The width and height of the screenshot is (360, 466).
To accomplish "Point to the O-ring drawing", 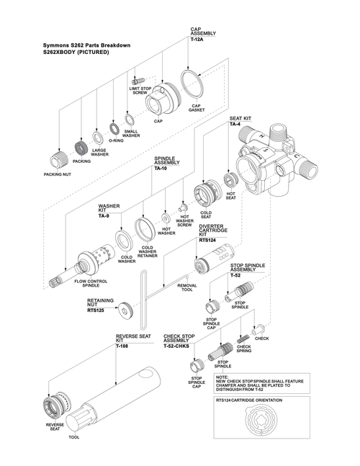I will [114, 129].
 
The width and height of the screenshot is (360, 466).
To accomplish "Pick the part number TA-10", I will [161, 168].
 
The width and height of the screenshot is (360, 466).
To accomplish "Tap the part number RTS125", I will [97, 310].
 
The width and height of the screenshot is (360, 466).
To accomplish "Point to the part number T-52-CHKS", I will [178, 346].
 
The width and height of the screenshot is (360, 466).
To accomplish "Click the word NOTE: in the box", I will [222, 376].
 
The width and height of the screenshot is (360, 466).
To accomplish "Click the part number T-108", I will [124, 346].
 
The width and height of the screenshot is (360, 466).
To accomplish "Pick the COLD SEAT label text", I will [207, 215].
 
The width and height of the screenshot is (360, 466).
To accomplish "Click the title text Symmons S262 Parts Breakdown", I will [86, 45].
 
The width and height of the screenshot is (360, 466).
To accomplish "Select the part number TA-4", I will [235, 125].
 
